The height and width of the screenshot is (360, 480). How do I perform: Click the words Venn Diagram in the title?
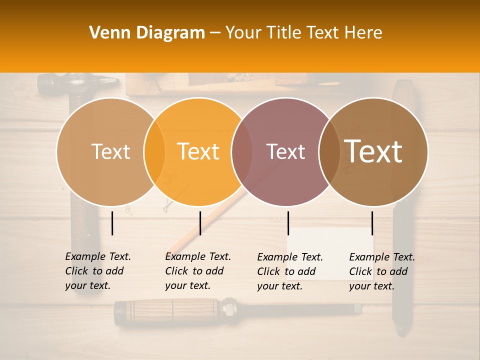click(147, 33)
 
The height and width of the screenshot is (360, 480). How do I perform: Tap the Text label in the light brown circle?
click(110, 151)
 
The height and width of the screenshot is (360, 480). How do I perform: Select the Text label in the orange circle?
click(198, 151)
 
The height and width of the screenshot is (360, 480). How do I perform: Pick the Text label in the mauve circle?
click(285, 151)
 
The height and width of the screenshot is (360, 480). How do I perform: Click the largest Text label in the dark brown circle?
click(373, 151)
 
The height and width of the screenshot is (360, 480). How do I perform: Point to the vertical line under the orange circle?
click(200, 223)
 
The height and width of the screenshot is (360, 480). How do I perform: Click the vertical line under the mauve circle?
click(288, 223)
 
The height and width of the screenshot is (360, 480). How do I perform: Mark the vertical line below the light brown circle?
click(112, 223)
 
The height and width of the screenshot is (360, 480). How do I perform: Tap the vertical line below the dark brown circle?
click(372, 223)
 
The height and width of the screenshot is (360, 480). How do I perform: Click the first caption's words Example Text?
click(98, 256)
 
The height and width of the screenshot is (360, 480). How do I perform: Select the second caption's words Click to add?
click(194, 271)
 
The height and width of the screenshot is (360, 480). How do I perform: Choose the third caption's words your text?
click(279, 286)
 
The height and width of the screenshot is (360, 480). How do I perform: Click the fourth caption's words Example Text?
click(382, 257)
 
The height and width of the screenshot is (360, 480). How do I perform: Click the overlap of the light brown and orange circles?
click(154, 151)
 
